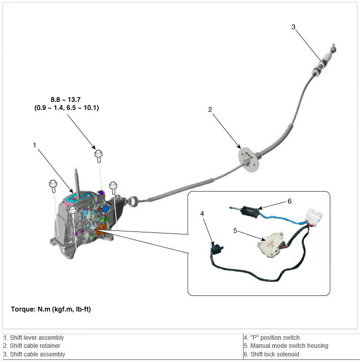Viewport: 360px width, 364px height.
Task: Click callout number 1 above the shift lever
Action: coord(35,145)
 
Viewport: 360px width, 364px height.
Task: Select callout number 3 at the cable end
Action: coord(294,27)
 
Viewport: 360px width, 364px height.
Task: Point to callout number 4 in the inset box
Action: coord(202,214)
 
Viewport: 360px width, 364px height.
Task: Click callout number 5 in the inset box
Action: coord(235,231)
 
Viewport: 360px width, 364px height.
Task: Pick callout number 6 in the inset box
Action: coord(290,201)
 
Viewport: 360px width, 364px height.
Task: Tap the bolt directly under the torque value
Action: coord(99,154)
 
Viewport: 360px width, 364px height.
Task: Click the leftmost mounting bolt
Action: coord(52,186)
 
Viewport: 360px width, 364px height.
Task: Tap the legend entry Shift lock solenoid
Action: coord(274,354)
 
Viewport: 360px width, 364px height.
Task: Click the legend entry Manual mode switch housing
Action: coord(286,346)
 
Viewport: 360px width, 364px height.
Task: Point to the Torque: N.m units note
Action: coord(50,309)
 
